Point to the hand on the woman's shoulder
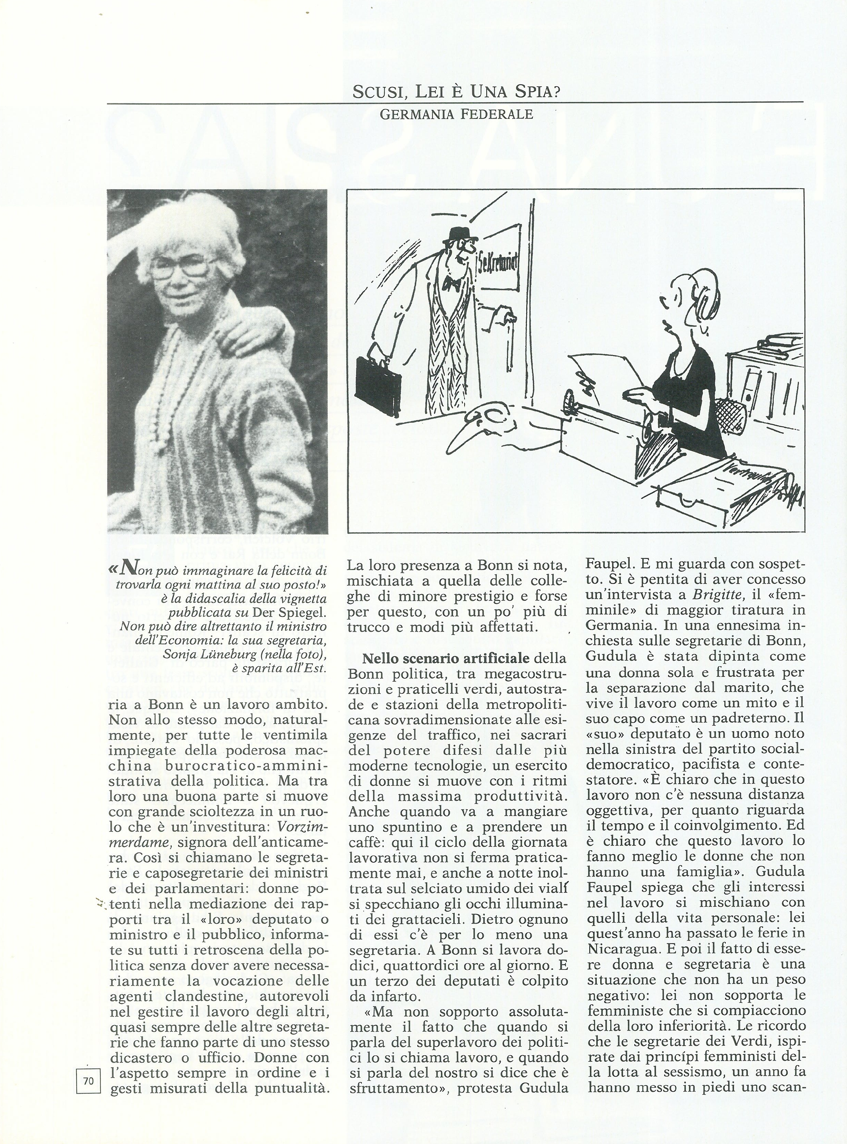click(256, 338)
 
